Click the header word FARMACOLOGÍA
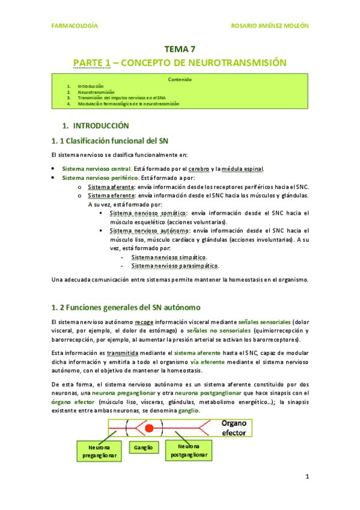(x=73, y=26)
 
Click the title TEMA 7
(x=180, y=50)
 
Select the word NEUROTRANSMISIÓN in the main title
(x=239, y=63)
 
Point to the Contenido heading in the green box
(x=180, y=79)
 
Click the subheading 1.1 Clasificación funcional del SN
(x=109, y=141)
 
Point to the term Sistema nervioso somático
(x=148, y=213)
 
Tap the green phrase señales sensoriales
(x=264, y=322)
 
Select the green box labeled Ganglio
(x=143, y=447)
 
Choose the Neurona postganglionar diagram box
(x=188, y=451)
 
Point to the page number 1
(x=307, y=477)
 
